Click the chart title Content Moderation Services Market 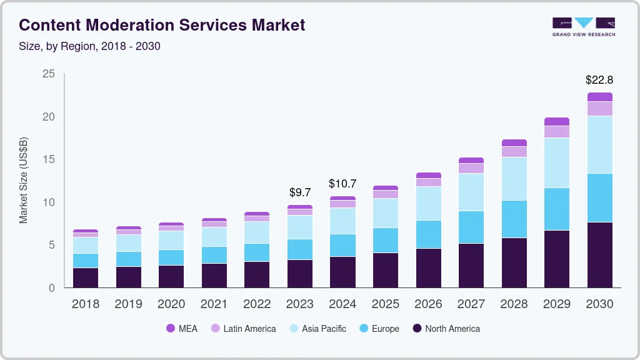pos(162,25)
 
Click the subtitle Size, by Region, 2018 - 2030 pos(90,46)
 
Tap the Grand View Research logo pos(583,26)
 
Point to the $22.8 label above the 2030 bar pos(599,80)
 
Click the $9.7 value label pos(300,192)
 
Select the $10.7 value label pos(342,184)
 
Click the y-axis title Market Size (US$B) pos(24,180)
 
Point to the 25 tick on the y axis pos(49,74)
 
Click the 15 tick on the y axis pos(49,160)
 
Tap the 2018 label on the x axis pos(85,304)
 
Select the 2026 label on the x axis pos(428,304)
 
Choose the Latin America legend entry pos(243,329)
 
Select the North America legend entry pos(446,329)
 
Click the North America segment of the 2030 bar pos(599,255)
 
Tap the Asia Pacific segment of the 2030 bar pos(599,144)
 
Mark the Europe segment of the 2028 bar pos(514,219)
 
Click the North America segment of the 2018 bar pos(85,277)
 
